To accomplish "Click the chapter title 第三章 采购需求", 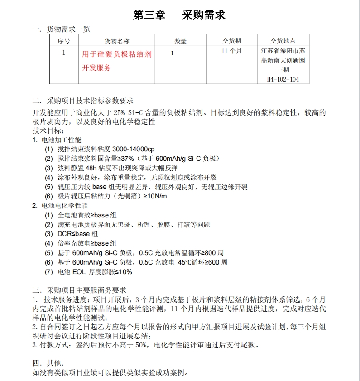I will pyautogui.click(x=179, y=15).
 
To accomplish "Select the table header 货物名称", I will pyautogui.click(x=116, y=41).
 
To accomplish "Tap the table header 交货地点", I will pyautogui.click(x=283, y=41).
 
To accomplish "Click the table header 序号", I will pyautogui.click(x=64, y=41).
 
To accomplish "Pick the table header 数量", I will pyautogui.click(x=180, y=41).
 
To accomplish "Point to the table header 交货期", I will pyautogui.click(x=231, y=41).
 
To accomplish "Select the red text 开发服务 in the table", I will pyautogui.click(x=96, y=68).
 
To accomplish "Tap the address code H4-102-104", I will pyautogui.click(x=283, y=80).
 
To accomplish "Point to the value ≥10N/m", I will pyautogui.click(x=155, y=196).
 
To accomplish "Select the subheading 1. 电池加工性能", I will pyautogui.click(x=57, y=140).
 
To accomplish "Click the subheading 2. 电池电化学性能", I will pyautogui.click(x=60, y=206).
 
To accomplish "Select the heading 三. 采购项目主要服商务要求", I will pyautogui.click(x=79, y=290).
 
